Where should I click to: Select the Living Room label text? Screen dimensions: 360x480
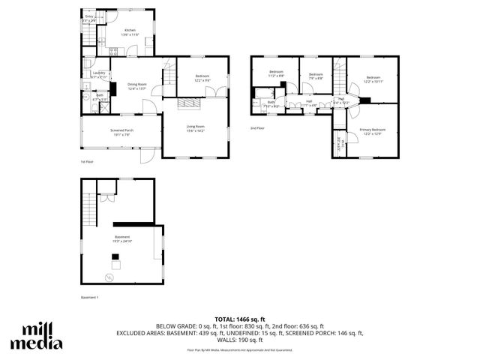coord(196,128)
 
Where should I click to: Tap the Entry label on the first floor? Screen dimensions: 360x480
coord(89,17)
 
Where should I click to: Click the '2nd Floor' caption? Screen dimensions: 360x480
coord(258,129)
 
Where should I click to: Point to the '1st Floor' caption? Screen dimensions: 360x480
coord(87,161)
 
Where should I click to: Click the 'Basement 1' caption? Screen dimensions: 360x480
coord(90,298)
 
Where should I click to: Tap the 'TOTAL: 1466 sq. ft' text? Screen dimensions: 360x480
coord(240,320)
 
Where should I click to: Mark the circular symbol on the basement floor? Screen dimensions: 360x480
coord(109,277)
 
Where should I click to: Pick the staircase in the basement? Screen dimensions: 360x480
coord(91,208)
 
